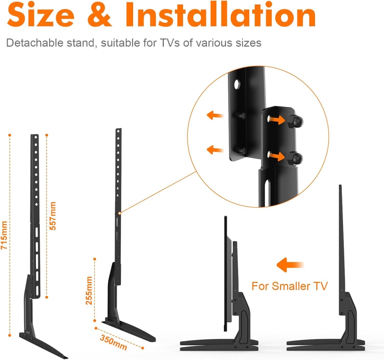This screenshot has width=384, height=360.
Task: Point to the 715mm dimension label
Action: click(4, 236)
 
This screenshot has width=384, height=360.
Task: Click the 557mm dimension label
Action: click(53, 216)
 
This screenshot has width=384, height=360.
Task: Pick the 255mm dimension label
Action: click(89, 290)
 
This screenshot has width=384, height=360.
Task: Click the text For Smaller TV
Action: click(289, 286)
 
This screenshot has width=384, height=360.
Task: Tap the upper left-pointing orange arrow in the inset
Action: click(216, 115)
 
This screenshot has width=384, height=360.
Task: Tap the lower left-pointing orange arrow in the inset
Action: click(216, 149)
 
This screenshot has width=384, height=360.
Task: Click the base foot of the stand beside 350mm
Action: click(128, 329)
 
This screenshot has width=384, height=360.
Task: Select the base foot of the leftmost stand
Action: click(43, 343)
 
